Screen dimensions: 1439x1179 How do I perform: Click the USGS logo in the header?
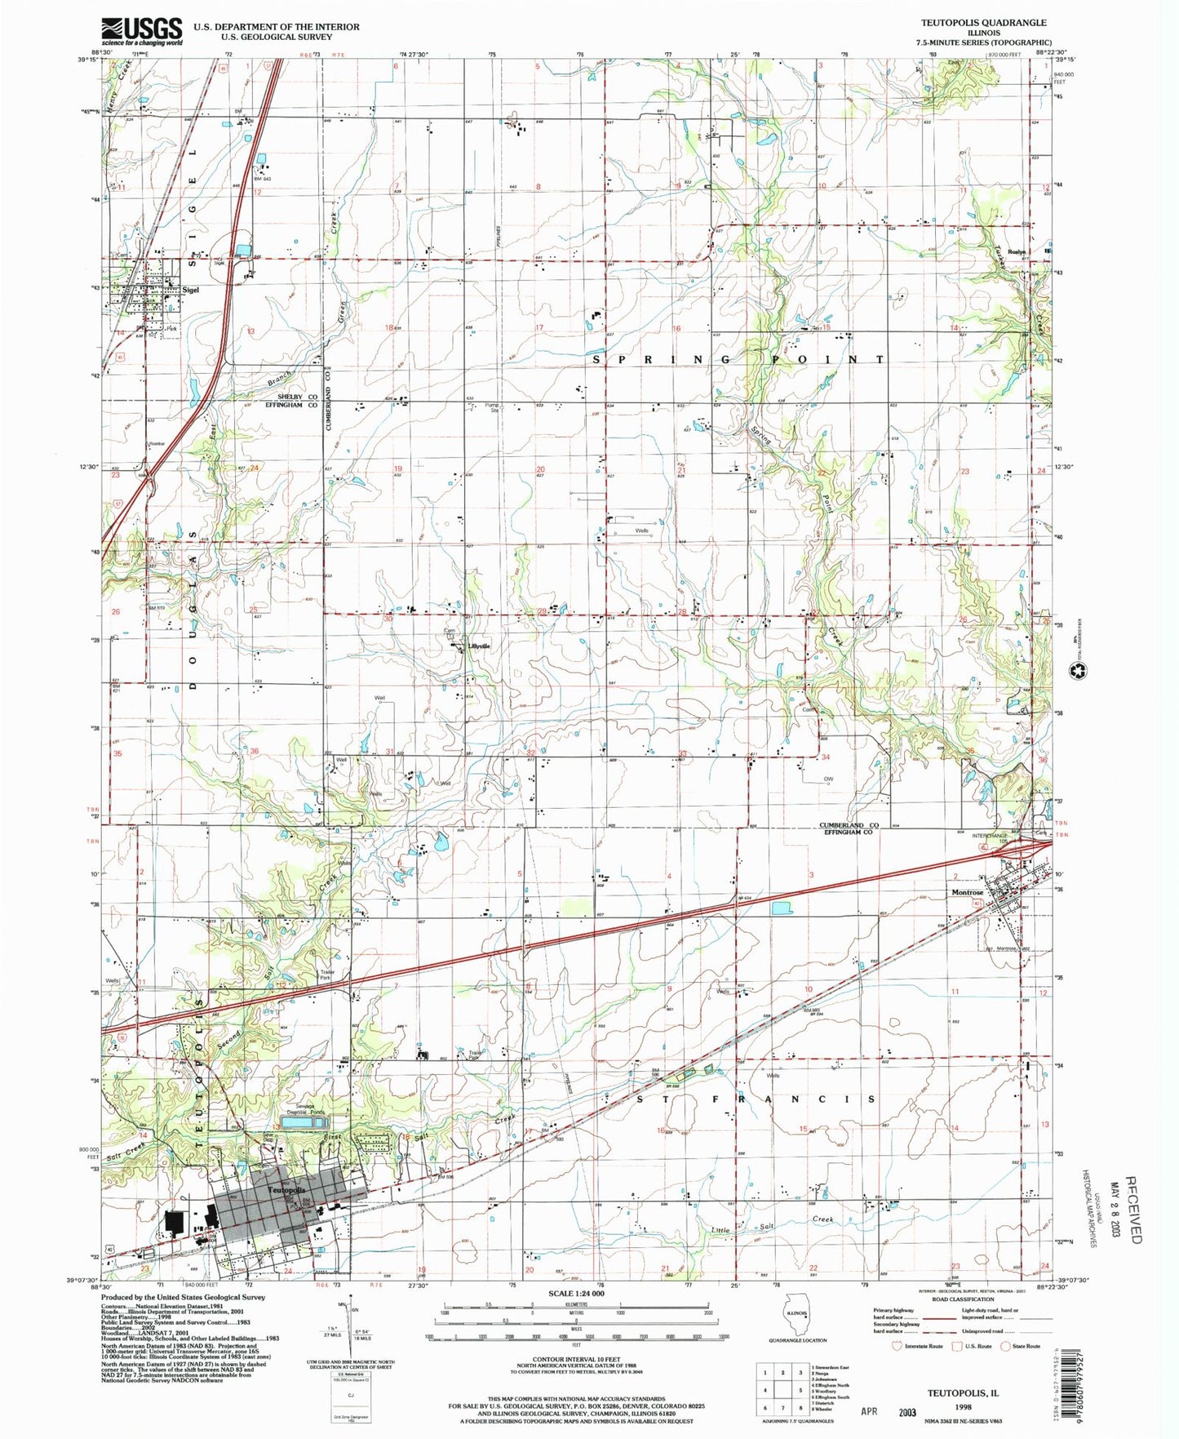pos(141,31)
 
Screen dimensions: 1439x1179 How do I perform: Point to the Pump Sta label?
pos(491,406)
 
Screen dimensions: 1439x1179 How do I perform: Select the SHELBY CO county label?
pos(299,397)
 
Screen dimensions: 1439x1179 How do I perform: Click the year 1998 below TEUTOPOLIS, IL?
pos(963,1406)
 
